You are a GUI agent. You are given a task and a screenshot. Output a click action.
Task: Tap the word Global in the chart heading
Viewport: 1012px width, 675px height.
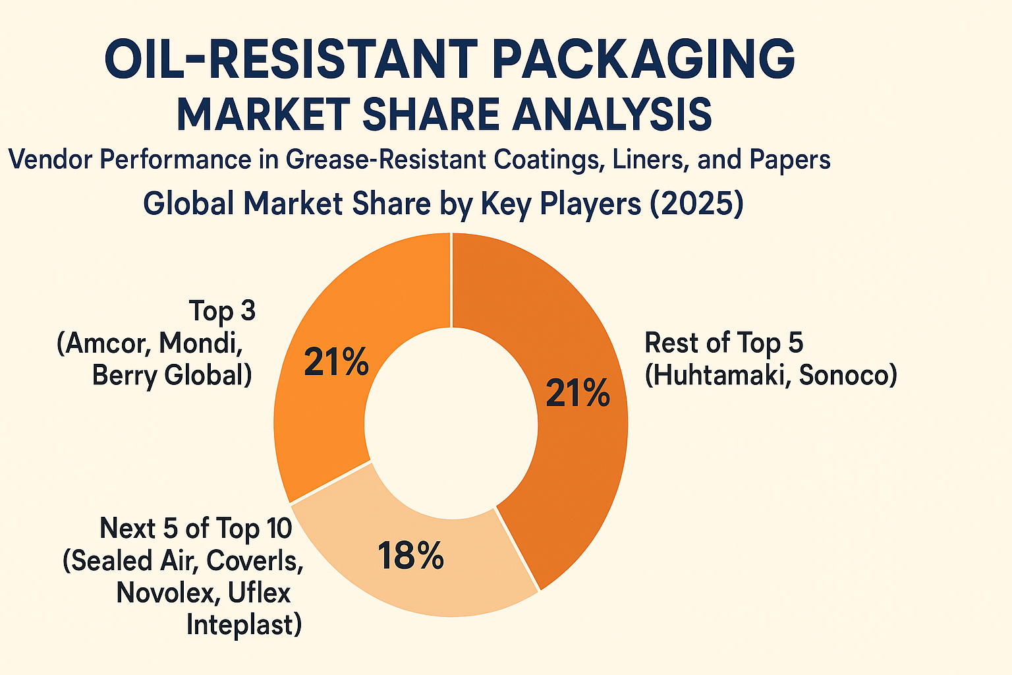tap(188, 204)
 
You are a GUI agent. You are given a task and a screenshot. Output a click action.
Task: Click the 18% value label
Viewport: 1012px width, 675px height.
tap(410, 556)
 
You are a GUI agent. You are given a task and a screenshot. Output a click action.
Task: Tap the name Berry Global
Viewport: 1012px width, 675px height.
tap(171, 376)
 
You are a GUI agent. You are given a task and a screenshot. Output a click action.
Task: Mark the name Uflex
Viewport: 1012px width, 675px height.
tap(259, 593)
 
